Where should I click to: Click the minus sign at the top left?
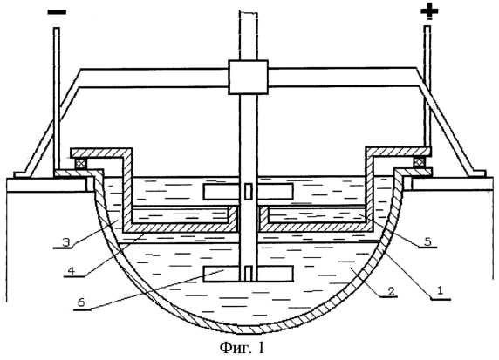[57, 12]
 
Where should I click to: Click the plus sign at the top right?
[429, 10]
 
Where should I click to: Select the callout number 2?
[391, 290]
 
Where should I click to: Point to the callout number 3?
[65, 242]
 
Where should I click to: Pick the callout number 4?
[72, 271]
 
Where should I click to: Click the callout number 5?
[427, 241]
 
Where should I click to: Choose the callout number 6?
[81, 302]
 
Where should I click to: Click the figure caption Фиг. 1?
[242, 347]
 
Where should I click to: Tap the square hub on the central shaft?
[248, 77]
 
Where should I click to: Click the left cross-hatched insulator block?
[80, 164]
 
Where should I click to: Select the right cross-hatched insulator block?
[420, 162]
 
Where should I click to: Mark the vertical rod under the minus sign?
[57, 98]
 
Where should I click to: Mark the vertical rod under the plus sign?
[428, 86]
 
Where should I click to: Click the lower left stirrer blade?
[221, 274]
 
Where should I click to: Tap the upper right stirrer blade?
[275, 192]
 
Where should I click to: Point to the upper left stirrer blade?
[222, 192]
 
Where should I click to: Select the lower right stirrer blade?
[275, 274]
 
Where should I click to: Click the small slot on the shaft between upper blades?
[249, 192]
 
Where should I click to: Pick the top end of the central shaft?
[248, 11]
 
